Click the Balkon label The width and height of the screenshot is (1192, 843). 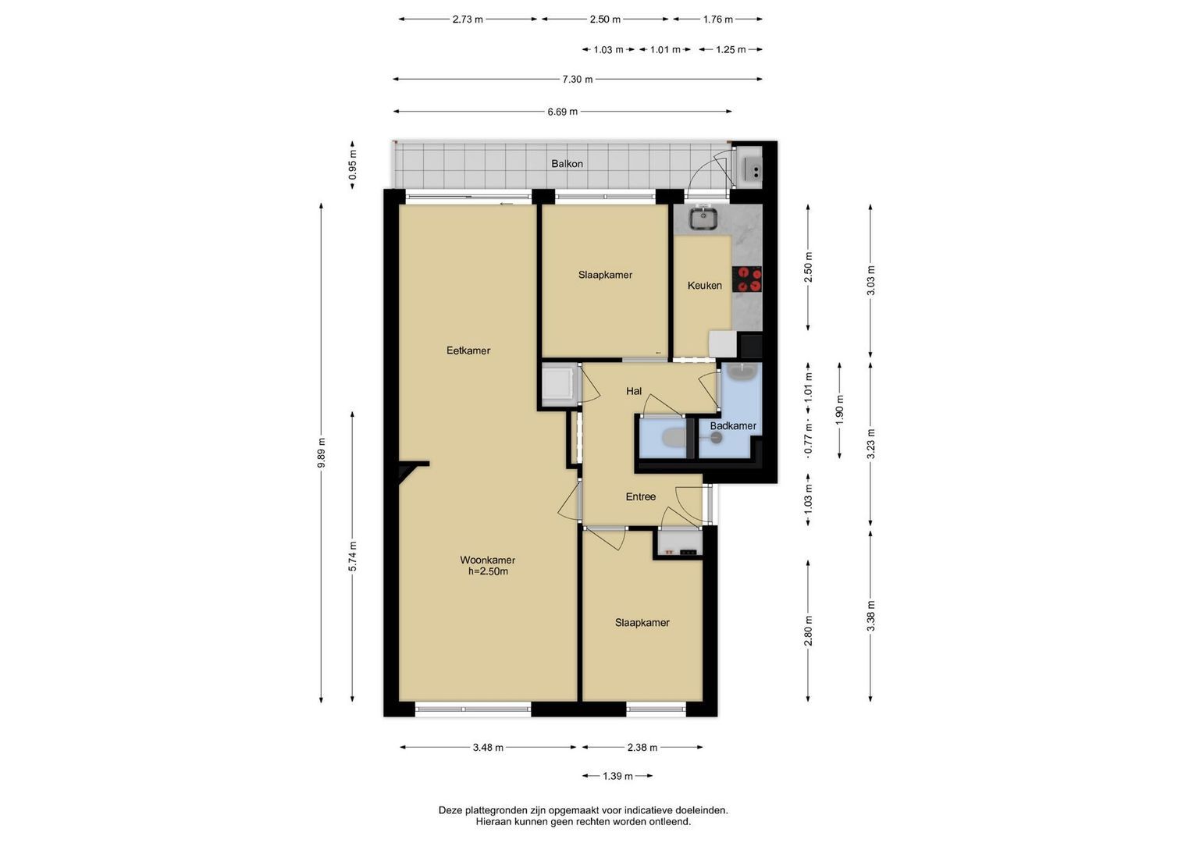567,164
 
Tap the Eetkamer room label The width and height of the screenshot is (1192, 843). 468,350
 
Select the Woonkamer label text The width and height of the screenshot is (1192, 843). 487,560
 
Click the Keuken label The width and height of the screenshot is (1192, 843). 705,286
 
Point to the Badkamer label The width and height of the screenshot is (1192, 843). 733,425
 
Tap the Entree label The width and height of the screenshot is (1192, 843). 641,497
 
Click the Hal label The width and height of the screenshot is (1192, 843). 634,392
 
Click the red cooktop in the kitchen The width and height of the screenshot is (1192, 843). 747,279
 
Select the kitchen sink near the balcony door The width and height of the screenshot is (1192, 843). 703,219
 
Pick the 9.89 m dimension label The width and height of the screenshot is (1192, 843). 321,453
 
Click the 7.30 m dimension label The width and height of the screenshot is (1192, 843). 578,80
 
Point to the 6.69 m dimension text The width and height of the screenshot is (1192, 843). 563,112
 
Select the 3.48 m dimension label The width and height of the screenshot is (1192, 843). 488,748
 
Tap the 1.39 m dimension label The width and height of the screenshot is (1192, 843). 617,777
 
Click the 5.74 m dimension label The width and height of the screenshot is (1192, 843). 352,556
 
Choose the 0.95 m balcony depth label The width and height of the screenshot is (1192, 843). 352,165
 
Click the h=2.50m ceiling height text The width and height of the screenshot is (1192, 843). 488,572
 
